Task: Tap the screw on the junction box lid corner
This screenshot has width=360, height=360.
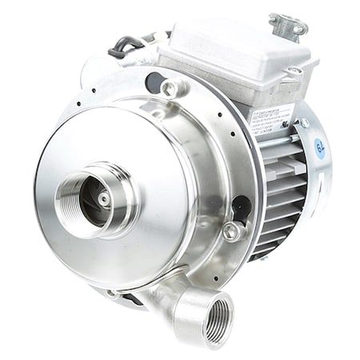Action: [x=294, y=70]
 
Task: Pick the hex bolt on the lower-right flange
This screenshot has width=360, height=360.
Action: [x=232, y=232]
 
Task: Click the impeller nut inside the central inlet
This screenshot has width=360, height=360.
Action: [x=105, y=198]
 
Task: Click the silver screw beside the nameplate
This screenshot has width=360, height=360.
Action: [x=304, y=122]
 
